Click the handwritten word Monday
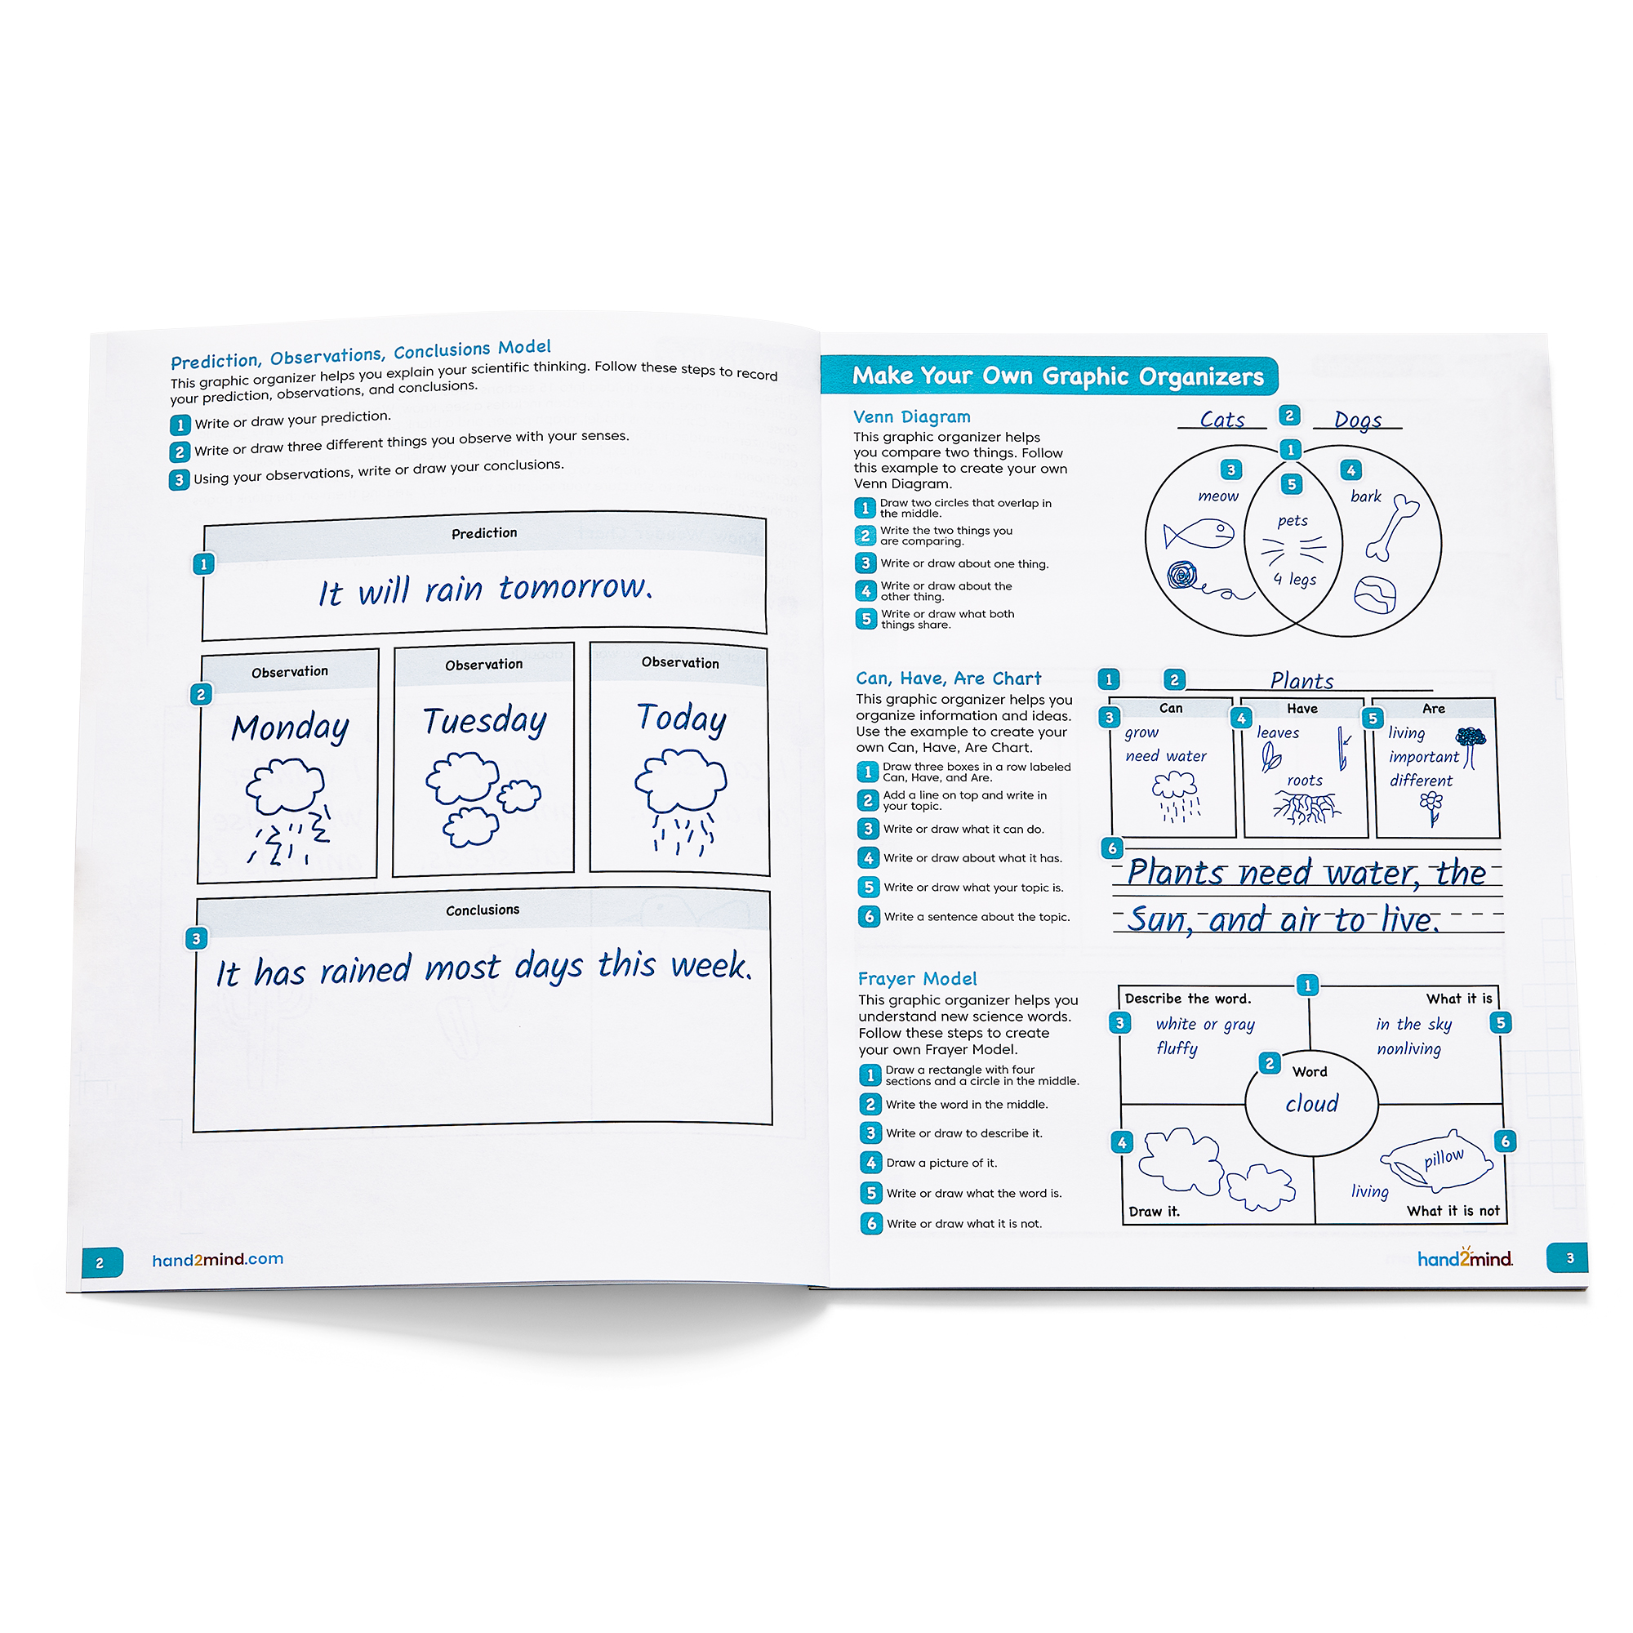click(x=291, y=728)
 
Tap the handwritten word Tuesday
click(x=485, y=721)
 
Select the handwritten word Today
click(x=681, y=719)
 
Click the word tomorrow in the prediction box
click(x=576, y=585)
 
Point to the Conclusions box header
click(x=483, y=910)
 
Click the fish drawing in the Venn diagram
click(x=1199, y=534)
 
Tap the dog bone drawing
click(x=1392, y=527)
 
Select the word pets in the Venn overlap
click(x=1293, y=521)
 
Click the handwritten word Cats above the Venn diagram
click(x=1222, y=419)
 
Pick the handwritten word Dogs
click(x=1358, y=420)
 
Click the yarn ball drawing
click(x=1183, y=576)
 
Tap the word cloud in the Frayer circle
click(x=1312, y=1103)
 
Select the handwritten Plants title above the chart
click(x=1302, y=680)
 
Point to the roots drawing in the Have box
click(x=1306, y=808)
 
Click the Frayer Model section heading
click(x=917, y=979)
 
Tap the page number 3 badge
click(x=1568, y=1257)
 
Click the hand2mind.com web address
click(x=218, y=1259)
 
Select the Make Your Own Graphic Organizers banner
click(x=1050, y=376)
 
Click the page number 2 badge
click(x=102, y=1263)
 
